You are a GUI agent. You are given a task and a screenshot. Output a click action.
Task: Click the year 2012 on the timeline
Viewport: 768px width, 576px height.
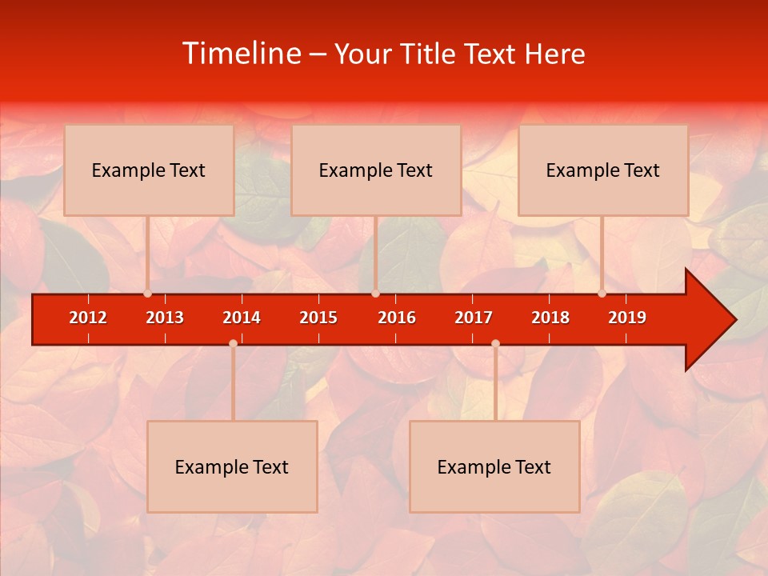[88, 318]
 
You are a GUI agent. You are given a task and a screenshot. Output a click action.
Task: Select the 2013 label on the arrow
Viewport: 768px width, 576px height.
[165, 318]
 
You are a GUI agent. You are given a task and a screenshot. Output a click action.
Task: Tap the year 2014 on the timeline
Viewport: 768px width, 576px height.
[242, 318]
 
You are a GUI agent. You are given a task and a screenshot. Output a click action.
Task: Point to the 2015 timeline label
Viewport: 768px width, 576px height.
[318, 318]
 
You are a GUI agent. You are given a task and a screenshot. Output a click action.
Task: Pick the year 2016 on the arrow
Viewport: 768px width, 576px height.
[397, 318]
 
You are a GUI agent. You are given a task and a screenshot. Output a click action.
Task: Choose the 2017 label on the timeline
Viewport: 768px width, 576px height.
[474, 318]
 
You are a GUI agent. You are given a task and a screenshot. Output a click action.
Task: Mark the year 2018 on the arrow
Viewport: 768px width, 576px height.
[550, 318]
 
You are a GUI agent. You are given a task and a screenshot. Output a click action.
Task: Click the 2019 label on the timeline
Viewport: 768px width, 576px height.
[627, 318]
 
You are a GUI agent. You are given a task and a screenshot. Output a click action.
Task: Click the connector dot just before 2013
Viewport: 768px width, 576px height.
[147, 294]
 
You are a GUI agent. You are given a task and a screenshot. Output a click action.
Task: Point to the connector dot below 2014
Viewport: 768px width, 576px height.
[233, 343]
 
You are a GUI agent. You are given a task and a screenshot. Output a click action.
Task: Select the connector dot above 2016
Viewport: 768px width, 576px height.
[375, 294]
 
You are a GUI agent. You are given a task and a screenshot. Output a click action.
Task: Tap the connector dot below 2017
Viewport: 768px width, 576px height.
[495, 343]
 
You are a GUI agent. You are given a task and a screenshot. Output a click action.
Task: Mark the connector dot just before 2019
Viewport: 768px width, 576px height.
[602, 294]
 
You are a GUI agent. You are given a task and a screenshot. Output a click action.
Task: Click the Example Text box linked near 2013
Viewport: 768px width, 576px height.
[149, 170]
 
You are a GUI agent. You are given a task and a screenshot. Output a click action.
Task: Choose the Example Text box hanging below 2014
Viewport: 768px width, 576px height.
[232, 467]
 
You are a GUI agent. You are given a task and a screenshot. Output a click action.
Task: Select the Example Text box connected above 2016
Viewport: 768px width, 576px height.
[376, 170]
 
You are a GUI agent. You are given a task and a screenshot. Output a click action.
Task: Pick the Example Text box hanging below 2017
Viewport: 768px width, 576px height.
[494, 467]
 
